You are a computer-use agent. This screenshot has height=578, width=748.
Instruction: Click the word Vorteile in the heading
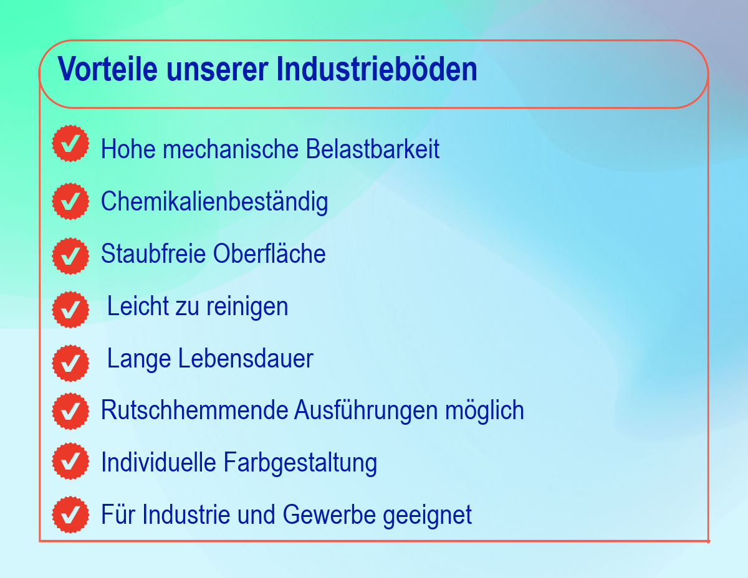click(107, 69)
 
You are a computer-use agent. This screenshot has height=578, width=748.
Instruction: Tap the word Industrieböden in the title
click(376, 69)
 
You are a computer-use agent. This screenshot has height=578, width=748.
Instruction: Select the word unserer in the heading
click(217, 72)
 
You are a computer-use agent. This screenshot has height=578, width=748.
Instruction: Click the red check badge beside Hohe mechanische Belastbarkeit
click(70, 143)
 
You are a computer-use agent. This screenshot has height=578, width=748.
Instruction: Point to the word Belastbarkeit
click(373, 149)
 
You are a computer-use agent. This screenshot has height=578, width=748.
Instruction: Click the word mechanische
click(231, 149)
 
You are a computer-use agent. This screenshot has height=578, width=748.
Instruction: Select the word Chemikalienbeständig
click(214, 202)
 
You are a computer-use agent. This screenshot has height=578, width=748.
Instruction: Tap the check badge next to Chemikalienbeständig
click(70, 201)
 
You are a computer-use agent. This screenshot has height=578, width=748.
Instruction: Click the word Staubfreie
click(153, 253)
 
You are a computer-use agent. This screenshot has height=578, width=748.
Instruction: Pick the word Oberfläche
click(269, 253)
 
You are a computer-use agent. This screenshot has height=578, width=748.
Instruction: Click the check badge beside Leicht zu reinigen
click(70, 310)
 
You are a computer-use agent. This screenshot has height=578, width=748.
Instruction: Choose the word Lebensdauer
click(246, 359)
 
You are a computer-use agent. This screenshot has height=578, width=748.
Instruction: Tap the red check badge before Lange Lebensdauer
click(70, 363)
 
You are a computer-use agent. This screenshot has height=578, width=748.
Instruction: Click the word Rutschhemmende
click(194, 410)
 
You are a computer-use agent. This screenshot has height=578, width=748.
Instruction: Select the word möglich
click(484, 411)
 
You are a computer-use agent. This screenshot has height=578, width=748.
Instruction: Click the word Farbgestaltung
click(300, 463)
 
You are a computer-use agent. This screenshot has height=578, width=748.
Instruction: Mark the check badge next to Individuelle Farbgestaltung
click(70, 461)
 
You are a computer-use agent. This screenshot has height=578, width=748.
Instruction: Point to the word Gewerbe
click(329, 514)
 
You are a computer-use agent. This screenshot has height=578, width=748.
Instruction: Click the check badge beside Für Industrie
click(70, 514)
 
